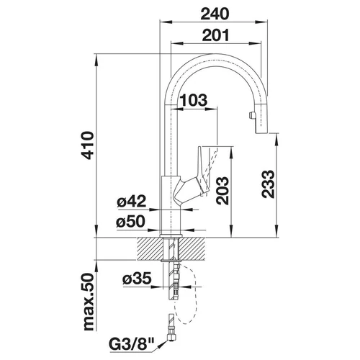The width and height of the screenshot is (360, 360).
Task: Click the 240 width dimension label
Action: [x=215, y=14]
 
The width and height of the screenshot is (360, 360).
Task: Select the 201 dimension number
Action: [x=216, y=35]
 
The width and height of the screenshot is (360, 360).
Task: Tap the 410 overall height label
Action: [x=87, y=145]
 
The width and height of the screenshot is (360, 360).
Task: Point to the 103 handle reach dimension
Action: [x=194, y=100]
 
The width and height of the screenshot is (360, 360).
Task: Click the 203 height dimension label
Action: [x=222, y=191]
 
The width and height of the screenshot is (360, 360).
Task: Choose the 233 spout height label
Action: [x=268, y=184]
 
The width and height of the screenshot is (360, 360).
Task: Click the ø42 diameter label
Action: [x=132, y=201]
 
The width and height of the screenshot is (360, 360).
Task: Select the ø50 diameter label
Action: [x=131, y=221]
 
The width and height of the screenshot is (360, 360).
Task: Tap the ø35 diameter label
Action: [x=137, y=278]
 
